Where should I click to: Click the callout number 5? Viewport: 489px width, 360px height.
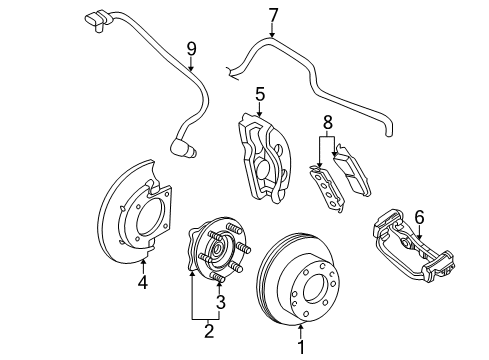259,94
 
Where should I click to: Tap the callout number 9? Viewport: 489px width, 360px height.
190,47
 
